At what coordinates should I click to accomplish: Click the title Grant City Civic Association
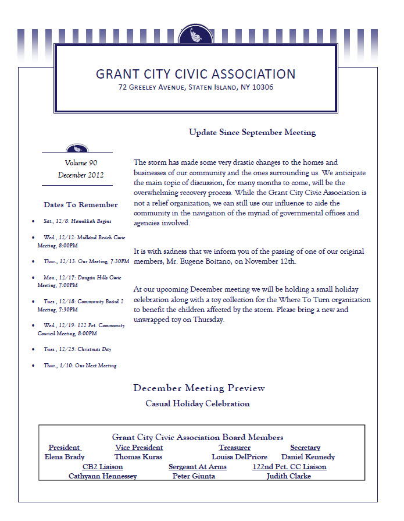coord(195,74)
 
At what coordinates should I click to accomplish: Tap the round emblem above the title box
coord(195,36)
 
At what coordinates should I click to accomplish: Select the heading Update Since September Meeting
coord(252,132)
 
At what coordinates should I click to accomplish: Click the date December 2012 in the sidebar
coord(81,175)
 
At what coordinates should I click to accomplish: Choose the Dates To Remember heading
coord(81,205)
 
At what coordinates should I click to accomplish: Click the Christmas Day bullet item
coord(77,349)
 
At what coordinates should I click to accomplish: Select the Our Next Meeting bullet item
coord(80,366)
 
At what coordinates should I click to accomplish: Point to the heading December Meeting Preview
coord(199,388)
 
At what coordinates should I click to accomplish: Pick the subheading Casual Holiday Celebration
coord(198,403)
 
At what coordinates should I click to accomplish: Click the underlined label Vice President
coord(139,448)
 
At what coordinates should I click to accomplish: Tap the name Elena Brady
coord(65,457)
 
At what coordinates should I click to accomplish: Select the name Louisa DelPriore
coord(239,457)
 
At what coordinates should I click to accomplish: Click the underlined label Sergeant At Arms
coord(198,467)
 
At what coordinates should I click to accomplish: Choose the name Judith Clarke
coord(288,476)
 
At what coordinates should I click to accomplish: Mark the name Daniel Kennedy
coord(308,457)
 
